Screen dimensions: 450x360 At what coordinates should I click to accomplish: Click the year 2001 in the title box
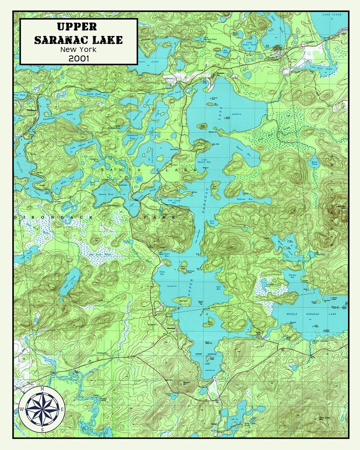click(79, 58)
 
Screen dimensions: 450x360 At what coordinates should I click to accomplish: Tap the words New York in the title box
click(79, 49)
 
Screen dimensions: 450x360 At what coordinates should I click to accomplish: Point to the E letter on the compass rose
click(62, 409)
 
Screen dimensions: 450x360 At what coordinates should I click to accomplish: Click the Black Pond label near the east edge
click(314, 163)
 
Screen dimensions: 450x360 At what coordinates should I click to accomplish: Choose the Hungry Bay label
click(292, 276)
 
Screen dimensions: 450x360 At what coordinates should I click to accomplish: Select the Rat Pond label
click(225, 52)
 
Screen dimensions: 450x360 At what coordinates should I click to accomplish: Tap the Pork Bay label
click(212, 222)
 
